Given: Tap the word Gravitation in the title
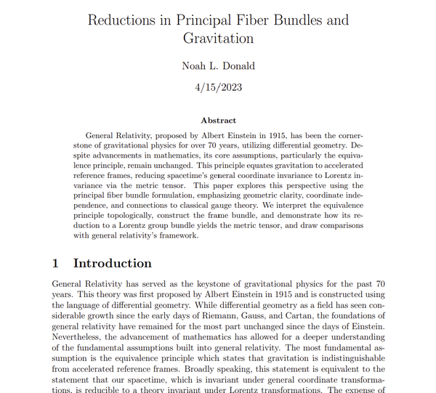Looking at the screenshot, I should click(219, 38).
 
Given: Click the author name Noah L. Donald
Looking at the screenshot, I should click(219, 66).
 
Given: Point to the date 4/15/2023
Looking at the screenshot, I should click(219, 88).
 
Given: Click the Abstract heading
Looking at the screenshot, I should click(218, 121).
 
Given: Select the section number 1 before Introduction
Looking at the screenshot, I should click(57, 263).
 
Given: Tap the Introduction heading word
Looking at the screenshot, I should click(113, 263).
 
